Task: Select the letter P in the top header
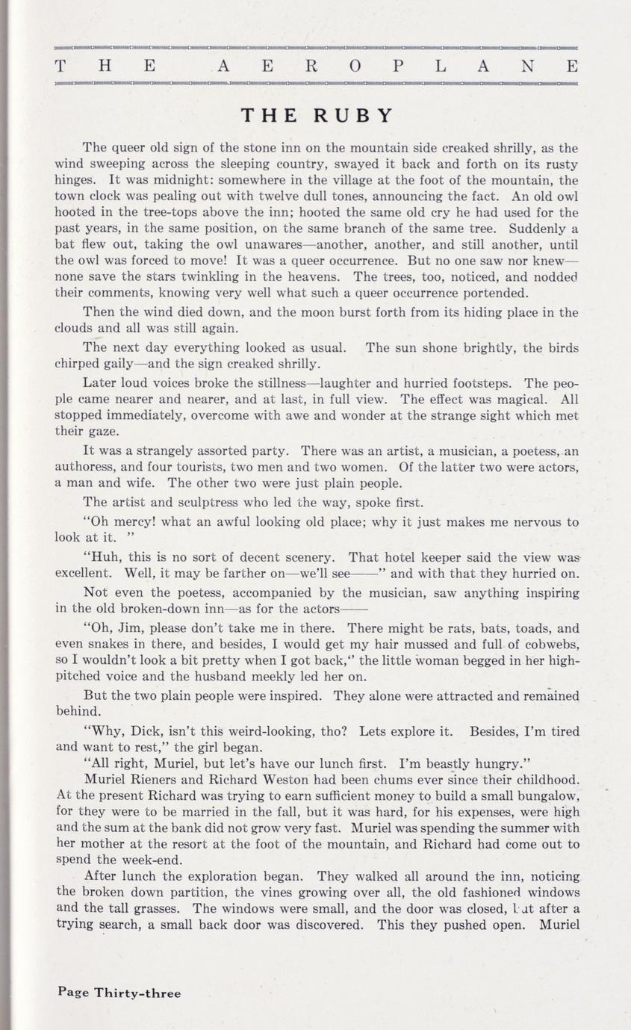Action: click(x=398, y=66)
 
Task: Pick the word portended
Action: click(x=490, y=293)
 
